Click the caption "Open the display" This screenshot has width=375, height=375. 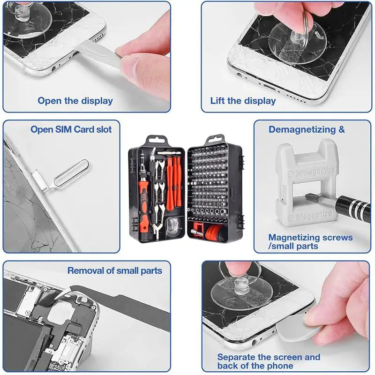click(75, 101)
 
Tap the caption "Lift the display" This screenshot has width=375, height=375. click(243, 101)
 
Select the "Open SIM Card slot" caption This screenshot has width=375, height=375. click(71, 129)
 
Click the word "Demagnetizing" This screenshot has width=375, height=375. click(302, 130)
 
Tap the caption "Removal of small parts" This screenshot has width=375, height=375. click(114, 271)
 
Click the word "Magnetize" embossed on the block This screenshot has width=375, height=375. click(314, 215)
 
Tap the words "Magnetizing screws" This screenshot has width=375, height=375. click(310, 238)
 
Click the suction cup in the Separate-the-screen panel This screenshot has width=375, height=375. click(241, 292)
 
